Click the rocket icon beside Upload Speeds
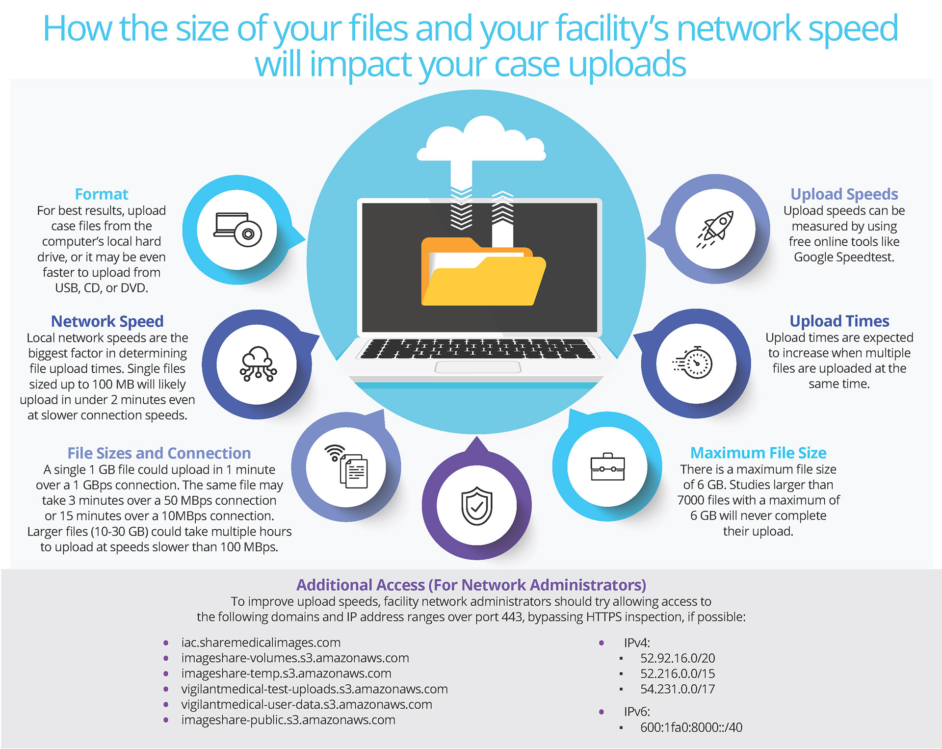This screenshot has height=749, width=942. click(x=716, y=229)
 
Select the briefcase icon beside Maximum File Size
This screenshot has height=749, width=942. click(x=607, y=466)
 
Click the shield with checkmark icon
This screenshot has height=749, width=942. click(x=476, y=506)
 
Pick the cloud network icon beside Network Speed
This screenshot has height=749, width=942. click(x=258, y=364)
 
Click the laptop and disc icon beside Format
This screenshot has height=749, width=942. click(x=237, y=230)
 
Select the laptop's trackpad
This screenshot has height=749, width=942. click(x=477, y=367)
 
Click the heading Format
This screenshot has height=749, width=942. click(x=102, y=194)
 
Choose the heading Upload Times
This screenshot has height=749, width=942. click(x=839, y=321)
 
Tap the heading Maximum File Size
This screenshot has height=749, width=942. click(x=758, y=453)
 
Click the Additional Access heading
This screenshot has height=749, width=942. click(x=471, y=585)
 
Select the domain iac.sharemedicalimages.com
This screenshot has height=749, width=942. click(x=261, y=643)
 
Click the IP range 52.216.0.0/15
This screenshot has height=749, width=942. click(x=677, y=673)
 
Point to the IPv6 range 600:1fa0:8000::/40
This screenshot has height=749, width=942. click(x=691, y=727)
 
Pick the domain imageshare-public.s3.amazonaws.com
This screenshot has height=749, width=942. click(x=288, y=720)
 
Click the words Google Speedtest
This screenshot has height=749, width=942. click(x=844, y=257)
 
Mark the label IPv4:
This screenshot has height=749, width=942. click(x=637, y=643)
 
